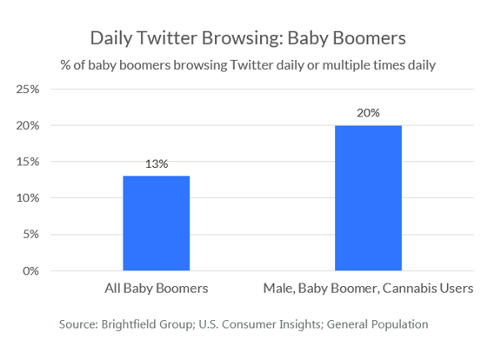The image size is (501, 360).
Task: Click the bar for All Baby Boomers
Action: (157, 223)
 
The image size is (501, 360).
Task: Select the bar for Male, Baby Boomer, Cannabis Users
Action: (368, 198)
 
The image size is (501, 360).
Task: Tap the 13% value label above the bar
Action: (157, 163)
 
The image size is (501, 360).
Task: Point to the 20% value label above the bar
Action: (369, 113)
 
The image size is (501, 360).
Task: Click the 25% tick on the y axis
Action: (28, 89)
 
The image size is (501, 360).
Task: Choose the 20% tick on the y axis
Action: (28, 125)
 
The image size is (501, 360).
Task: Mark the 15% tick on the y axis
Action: (28, 162)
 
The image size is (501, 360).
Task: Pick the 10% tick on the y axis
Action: (28, 198)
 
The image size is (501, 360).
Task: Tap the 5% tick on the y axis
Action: (30, 235)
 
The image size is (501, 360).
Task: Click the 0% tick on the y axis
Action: (30, 271)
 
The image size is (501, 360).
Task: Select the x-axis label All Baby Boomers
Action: (157, 289)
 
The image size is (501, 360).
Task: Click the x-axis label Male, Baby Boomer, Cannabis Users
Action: (368, 289)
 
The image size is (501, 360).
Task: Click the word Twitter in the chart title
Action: (167, 38)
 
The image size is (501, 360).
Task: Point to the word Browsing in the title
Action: (243, 38)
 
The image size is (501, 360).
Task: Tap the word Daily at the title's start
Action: (111, 38)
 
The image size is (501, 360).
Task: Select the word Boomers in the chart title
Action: (370, 38)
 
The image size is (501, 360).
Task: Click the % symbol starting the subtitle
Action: (65, 65)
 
